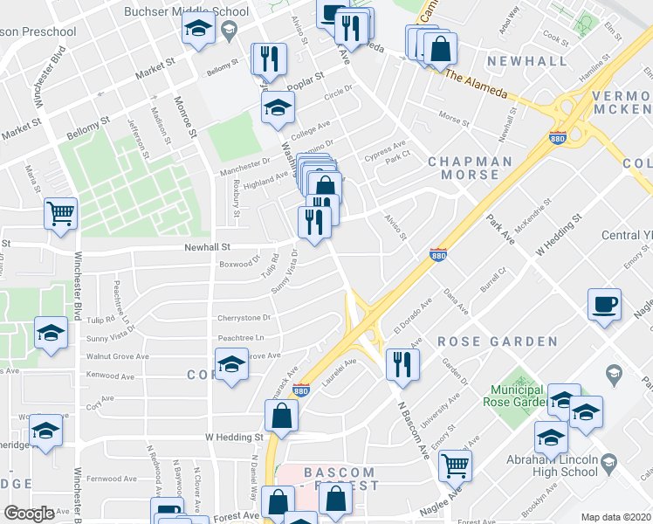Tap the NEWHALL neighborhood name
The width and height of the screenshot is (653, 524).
[515, 60]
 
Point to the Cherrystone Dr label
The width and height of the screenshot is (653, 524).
[248, 318]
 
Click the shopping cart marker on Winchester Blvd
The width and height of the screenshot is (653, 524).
[60, 213]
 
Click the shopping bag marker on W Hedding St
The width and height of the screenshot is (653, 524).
[282, 416]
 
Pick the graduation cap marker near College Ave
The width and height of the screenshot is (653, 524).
[278, 108]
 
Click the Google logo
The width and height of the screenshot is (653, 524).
[30, 514]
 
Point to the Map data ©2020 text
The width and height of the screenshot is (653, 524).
[615, 517]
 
